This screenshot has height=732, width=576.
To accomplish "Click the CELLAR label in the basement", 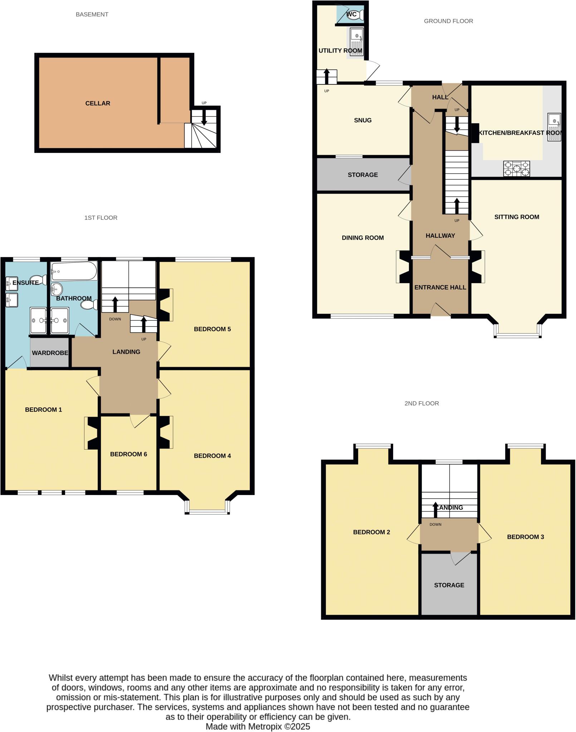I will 98,103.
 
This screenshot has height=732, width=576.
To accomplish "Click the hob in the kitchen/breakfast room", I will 516,168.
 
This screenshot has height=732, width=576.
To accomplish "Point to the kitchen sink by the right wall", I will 554,122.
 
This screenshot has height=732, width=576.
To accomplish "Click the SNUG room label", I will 363,120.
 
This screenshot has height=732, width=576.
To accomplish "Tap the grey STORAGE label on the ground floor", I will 363,175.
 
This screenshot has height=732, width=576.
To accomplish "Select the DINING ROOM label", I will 363,238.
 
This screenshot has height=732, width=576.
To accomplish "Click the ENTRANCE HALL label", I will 440,287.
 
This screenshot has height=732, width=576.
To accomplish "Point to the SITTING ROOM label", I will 517,217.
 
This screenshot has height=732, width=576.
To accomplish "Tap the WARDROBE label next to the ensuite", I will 50,353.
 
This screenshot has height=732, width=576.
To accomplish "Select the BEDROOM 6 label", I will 128,454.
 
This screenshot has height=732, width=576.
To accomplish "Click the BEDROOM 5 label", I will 212,329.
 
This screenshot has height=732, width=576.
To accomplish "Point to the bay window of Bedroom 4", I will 207,512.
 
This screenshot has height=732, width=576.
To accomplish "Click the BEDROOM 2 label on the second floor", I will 371,532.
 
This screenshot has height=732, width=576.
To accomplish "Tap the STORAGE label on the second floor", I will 449,585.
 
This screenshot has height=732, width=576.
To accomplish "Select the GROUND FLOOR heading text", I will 448,21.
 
